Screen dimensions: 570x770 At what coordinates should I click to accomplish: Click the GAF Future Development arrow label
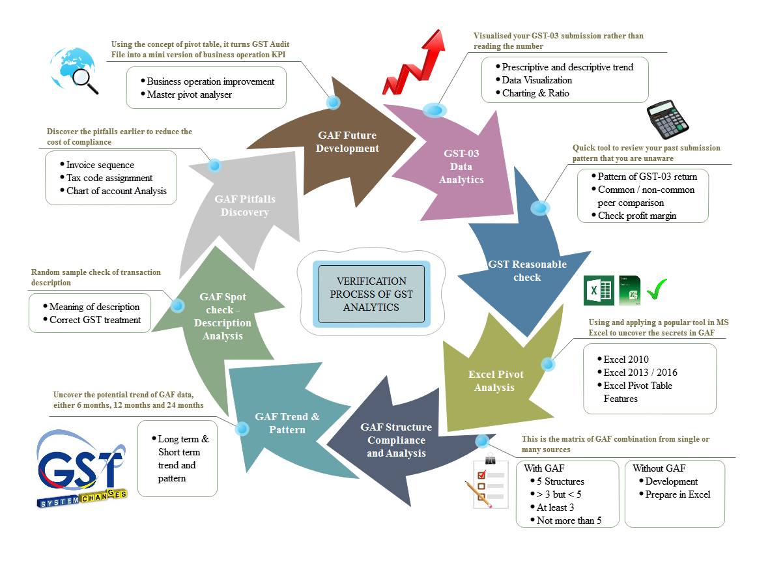[348, 142]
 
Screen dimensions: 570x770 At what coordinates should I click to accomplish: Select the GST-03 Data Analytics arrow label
[461, 167]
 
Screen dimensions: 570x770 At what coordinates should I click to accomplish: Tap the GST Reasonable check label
[527, 271]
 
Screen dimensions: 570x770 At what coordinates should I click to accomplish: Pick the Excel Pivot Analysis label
[495, 381]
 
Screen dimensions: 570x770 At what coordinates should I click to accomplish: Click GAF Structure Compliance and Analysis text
[396, 440]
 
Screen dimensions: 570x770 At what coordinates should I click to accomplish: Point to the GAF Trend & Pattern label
[287, 423]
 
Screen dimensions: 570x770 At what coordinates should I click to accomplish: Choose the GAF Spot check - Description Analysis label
[223, 317]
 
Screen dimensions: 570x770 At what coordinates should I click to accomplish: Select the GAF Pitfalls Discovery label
[245, 205]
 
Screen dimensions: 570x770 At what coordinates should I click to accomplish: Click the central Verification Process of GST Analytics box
[371, 294]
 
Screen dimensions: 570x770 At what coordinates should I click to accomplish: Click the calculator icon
[668, 120]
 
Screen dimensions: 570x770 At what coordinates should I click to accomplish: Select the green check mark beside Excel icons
[657, 291]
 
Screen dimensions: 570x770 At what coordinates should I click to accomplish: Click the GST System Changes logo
[81, 469]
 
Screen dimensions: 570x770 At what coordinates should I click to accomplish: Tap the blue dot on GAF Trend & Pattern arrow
[242, 429]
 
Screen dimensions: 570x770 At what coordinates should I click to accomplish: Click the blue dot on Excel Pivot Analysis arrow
[549, 365]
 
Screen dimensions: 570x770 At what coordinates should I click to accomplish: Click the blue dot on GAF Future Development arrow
[333, 102]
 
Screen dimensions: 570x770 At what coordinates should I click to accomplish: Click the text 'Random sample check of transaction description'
[96, 278]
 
